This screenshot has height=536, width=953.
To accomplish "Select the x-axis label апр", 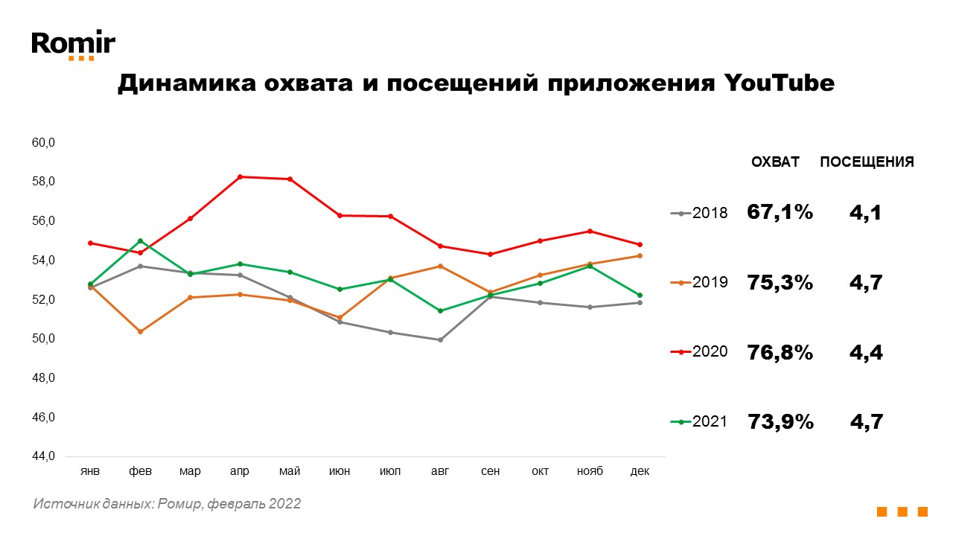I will [x=240, y=472].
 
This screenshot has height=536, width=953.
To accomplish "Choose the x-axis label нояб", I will [x=590, y=472].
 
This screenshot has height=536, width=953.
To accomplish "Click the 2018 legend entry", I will [x=700, y=213].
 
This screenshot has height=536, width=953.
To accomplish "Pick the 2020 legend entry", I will [x=700, y=351].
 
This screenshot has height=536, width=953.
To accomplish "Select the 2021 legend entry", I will [x=700, y=422].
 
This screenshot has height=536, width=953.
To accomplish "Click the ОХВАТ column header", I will [x=775, y=162].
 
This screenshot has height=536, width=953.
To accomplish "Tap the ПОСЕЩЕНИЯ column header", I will [x=867, y=162].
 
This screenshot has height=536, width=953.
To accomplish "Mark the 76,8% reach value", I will [x=780, y=352].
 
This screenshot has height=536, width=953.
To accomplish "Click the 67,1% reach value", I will [x=780, y=213].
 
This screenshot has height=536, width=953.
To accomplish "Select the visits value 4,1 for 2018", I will [x=866, y=213].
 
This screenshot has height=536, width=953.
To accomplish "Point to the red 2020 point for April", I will [x=240, y=176].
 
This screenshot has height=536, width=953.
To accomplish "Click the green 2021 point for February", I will [x=141, y=240].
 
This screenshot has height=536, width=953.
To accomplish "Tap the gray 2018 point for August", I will [x=440, y=339].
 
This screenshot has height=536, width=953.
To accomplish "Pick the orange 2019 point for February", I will [x=141, y=331].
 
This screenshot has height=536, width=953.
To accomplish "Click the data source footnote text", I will [x=167, y=504].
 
